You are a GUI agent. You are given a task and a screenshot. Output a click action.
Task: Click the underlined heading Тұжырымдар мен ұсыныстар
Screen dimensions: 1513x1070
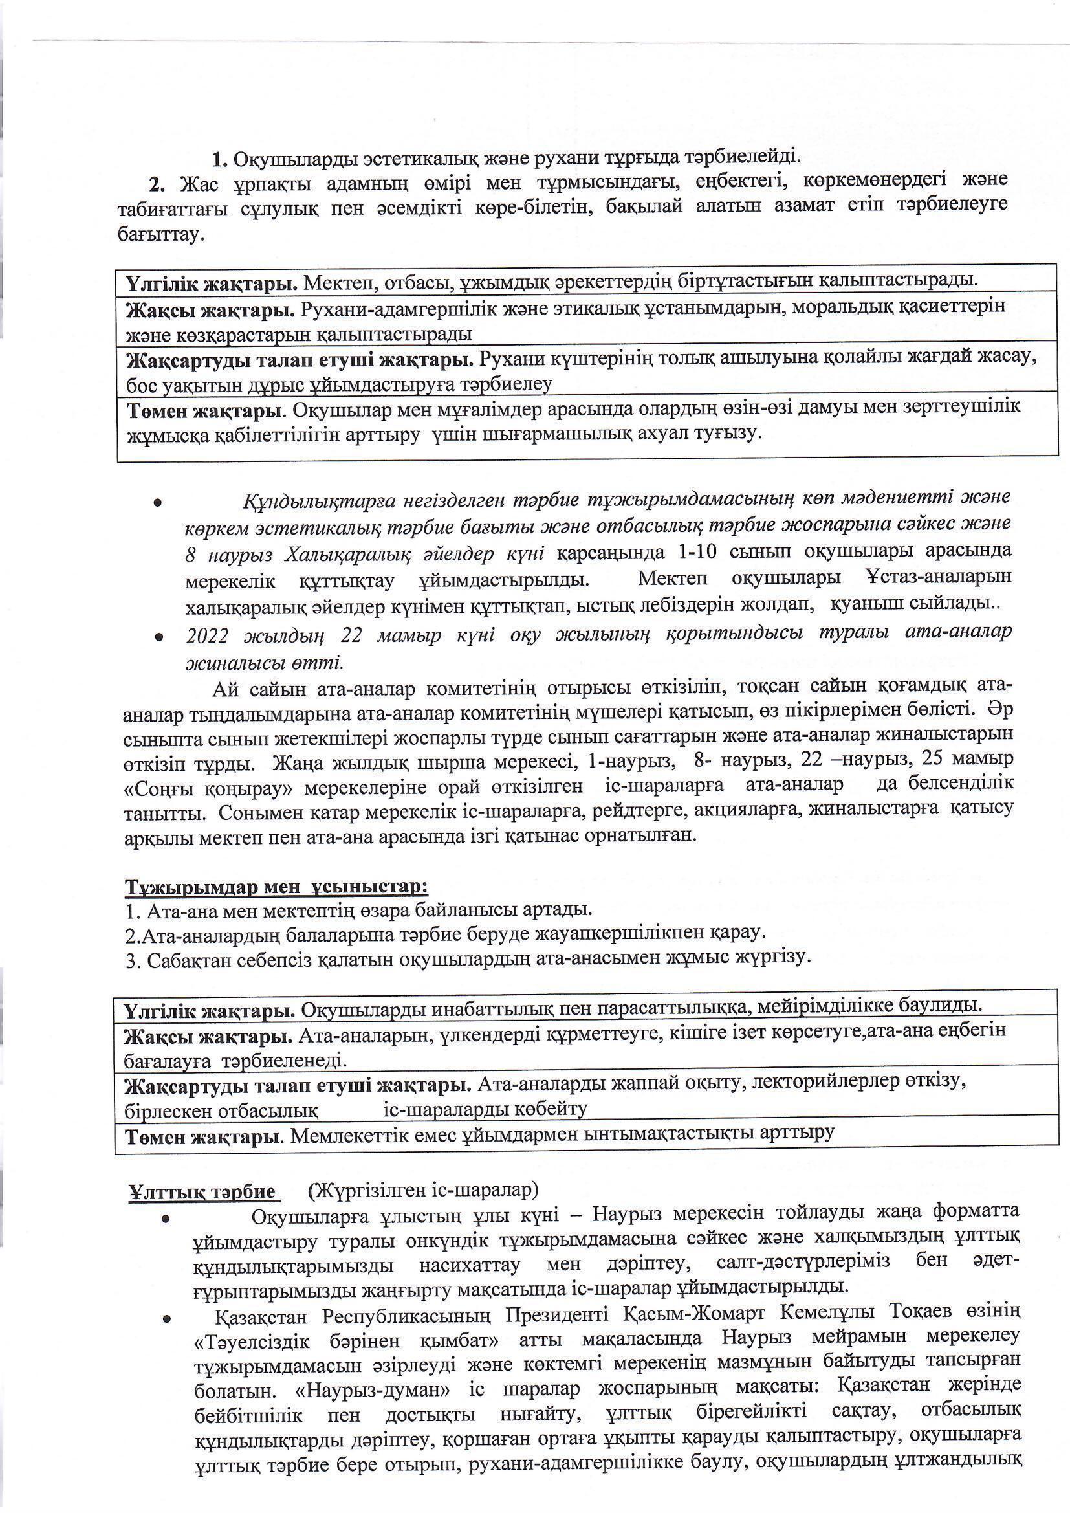click(x=277, y=887)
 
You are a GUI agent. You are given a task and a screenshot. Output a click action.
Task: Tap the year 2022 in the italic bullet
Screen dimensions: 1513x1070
click(x=208, y=635)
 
